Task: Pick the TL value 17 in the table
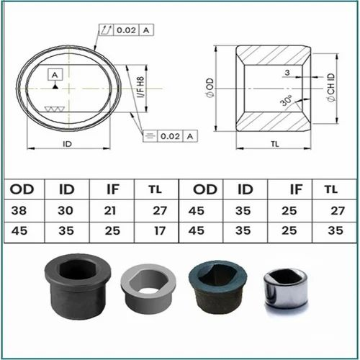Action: pos(160,231)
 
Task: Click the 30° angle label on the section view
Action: pos(287,101)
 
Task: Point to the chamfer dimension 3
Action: pos(287,72)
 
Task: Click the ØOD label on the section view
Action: pos(210,88)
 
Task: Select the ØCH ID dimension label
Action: pos(331,88)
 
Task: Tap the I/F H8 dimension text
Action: pos(140,87)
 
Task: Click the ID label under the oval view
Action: pos(67,144)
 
